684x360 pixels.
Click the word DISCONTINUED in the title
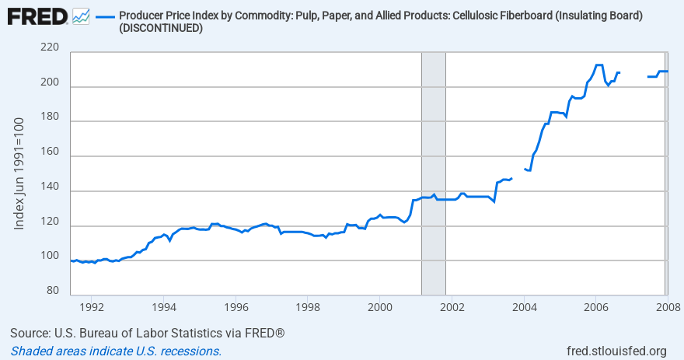click(x=161, y=28)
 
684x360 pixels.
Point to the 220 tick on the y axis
click(x=49, y=48)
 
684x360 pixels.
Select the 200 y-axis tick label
click(x=49, y=83)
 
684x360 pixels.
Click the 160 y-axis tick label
click(x=49, y=153)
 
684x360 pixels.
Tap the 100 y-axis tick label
click(x=49, y=256)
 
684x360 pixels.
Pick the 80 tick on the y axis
click(x=52, y=291)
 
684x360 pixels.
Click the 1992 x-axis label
click(x=92, y=307)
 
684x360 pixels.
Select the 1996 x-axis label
click(x=236, y=307)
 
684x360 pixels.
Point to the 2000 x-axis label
click(x=380, y=307)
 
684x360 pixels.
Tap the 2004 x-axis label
click(x=524, y=307)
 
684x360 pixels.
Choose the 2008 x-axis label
click(x=666, y=307)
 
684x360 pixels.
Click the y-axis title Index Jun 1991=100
click(x=19, y=173)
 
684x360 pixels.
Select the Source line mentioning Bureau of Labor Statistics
click(x=148, y=334)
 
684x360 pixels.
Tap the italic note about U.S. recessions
click(x=117, y=351)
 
